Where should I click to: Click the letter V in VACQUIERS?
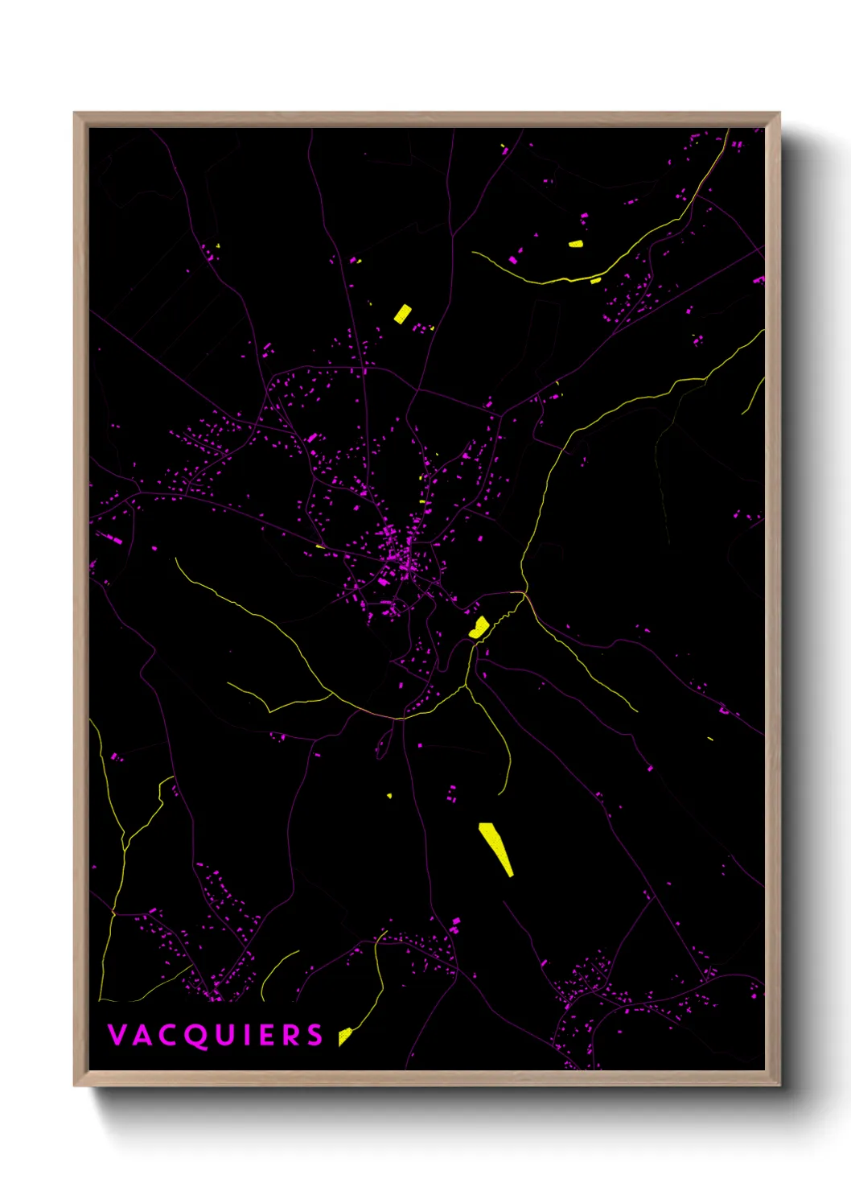tap(117, 1035)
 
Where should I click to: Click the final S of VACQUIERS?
tap(314, 1035)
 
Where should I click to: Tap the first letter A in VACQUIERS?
tap(142, 1035)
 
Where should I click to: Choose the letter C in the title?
tap(167, 1035)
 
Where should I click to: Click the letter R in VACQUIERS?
tap(290, 1035)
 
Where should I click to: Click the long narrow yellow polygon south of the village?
tap(496, 847)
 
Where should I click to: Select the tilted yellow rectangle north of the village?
tap(402, 313)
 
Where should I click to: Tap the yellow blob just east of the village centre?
tap(479, 627)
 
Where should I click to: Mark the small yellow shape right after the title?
tap(344, 1036)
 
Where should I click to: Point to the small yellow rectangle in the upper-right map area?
tap(576, 243)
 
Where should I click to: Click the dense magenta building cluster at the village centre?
tap(402, 555)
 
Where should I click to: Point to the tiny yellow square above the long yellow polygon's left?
tap(389, 796)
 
